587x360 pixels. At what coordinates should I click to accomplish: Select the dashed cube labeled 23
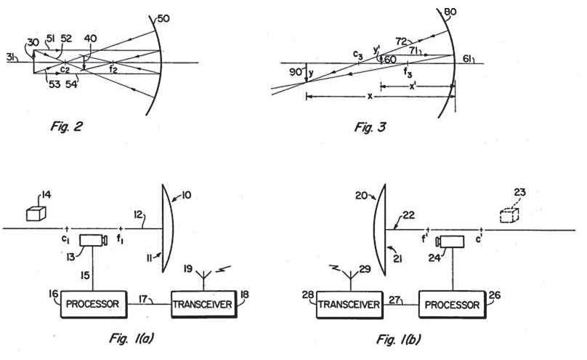point(511,215)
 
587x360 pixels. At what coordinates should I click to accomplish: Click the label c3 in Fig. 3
point(357,55)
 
